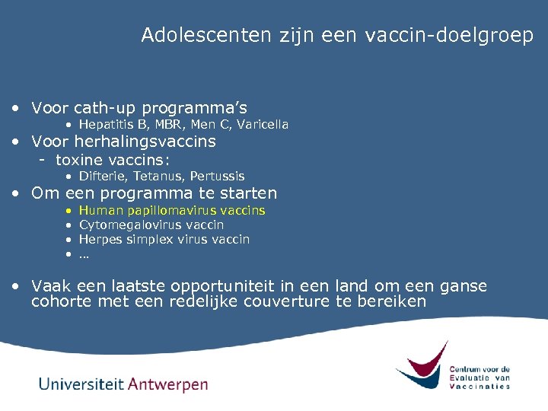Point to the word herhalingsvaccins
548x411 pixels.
click(149, 142)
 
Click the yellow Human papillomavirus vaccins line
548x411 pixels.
click(172, 210)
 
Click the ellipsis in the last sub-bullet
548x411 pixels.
click(84, 254)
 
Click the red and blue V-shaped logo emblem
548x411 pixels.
click(422, 366)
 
